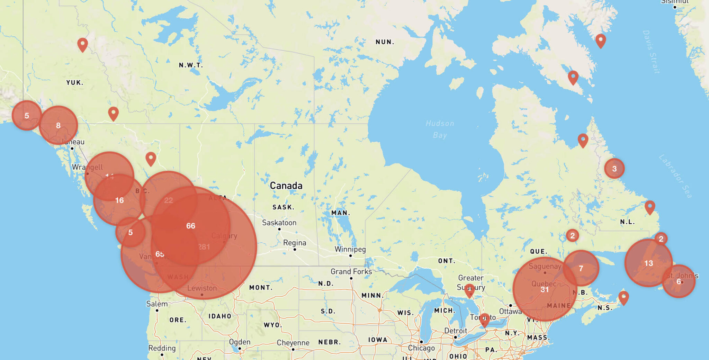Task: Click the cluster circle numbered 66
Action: click(191, 226)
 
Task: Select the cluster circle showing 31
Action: click(545, 289)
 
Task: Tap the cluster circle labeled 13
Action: click(648, 263)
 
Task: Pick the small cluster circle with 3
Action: click(614, 169)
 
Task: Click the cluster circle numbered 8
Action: click(58, 125)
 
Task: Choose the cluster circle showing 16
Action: click(119, 200)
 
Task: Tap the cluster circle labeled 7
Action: click(581, 268)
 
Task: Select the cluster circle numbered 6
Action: click(679, 281)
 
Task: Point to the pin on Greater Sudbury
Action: click(469, 290)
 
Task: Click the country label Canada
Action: click(286, 186)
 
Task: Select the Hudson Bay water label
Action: click(440, 129)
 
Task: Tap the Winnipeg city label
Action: click(350, 249)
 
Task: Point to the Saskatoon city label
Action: click(279, 223)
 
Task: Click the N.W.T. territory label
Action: click(191, 65)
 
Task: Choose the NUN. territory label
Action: click(385, 42)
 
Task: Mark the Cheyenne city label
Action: click(293, 343)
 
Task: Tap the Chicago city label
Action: click(421, 348)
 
